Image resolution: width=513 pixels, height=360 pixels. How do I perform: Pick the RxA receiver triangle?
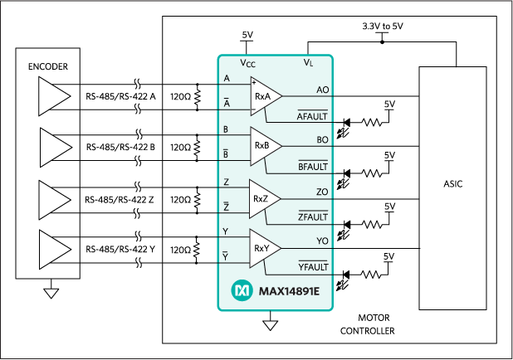(x=265, y=98)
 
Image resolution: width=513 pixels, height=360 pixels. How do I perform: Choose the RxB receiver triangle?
(x=265, y=145)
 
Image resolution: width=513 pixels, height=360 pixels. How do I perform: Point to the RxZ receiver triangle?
(x=265, y=197)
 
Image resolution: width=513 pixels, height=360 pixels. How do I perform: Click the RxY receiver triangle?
(x=265, y=247)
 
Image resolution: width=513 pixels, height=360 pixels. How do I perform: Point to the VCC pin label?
(x=247, y=63)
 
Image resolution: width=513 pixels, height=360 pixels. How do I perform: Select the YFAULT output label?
(x=313, y=266)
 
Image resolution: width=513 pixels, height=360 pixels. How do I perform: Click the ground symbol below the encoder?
(x=50, y=291)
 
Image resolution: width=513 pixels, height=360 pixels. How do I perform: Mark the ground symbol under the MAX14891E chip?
(x=268, y=324)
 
